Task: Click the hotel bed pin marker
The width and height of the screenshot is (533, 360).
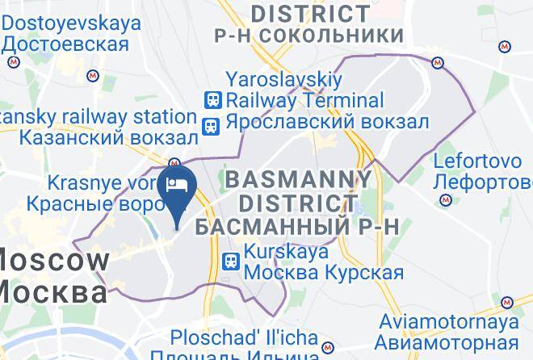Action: (x=176, y=186)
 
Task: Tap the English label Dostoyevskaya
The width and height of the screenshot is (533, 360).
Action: (x=73, y=23)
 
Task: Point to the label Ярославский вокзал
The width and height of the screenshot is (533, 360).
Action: (x=326, y=123)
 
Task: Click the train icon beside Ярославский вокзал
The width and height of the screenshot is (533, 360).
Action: (x=212, y=125)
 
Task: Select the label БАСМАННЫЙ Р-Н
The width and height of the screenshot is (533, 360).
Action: (x=298, y=225)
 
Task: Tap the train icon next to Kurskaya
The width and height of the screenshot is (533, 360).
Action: (x=231, y=261)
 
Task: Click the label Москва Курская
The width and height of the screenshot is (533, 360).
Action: (x=323, y=272)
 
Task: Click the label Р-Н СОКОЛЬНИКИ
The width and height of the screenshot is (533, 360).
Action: (x=308, y=36)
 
